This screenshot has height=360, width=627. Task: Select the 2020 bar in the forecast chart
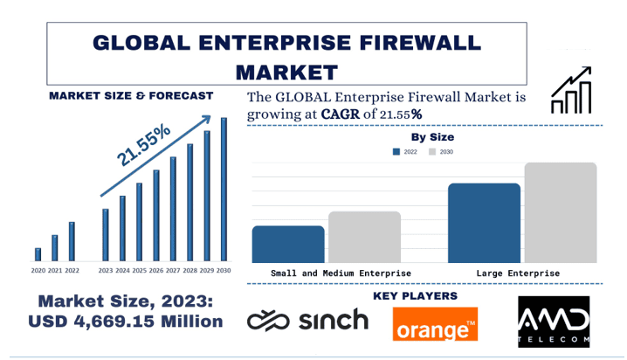tap(38, 254)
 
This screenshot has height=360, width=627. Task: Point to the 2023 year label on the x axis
tap(106, 271)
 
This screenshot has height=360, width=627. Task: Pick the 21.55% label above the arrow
tap(145, 145)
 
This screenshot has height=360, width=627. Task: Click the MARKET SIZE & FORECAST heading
tap(131, 95)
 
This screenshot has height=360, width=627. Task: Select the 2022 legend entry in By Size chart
tap(405, 152)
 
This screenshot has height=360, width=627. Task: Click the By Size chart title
tap(432, 137)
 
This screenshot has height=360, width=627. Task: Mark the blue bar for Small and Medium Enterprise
tap(288, 244)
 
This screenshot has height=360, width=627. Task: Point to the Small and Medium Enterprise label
tap(341, 273)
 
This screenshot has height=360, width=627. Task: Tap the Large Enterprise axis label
tap(518, 273)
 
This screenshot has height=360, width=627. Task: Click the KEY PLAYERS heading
tap(415, 296)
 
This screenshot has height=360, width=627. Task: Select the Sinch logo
tap(307, 321)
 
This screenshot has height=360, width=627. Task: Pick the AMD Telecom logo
tap(554, 321)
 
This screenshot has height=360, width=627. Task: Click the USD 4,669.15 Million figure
tap(125, 321)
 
